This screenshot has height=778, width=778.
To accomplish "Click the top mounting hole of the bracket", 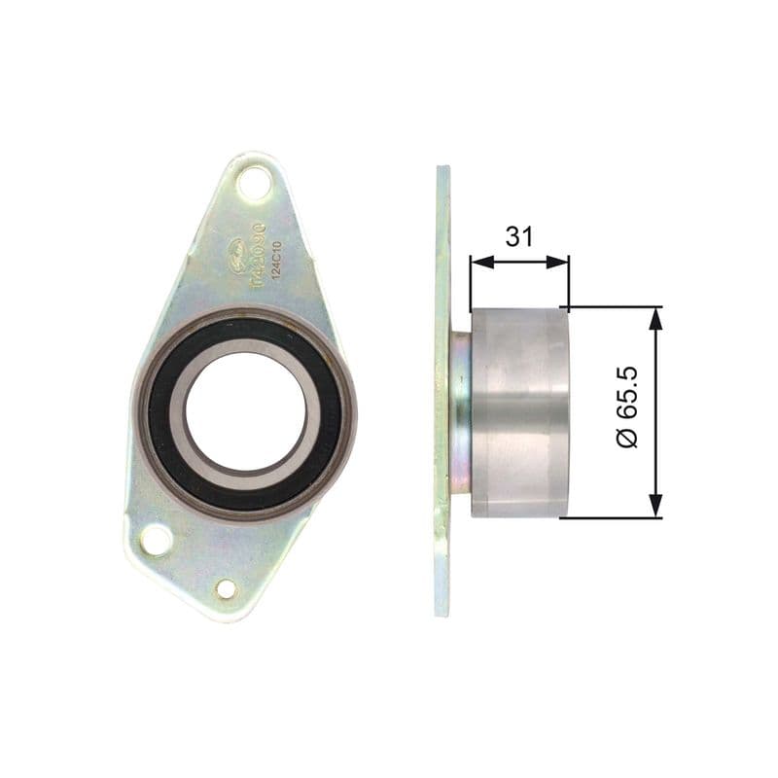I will [254, 182].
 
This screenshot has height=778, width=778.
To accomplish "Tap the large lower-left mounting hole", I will [156, 540].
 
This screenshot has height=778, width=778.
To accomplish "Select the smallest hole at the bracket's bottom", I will [226, 588].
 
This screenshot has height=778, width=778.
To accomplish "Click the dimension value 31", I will [517, 236].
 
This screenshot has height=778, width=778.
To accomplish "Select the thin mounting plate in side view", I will [442, 389].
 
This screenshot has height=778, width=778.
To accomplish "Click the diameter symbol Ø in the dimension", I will [628, 439].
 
